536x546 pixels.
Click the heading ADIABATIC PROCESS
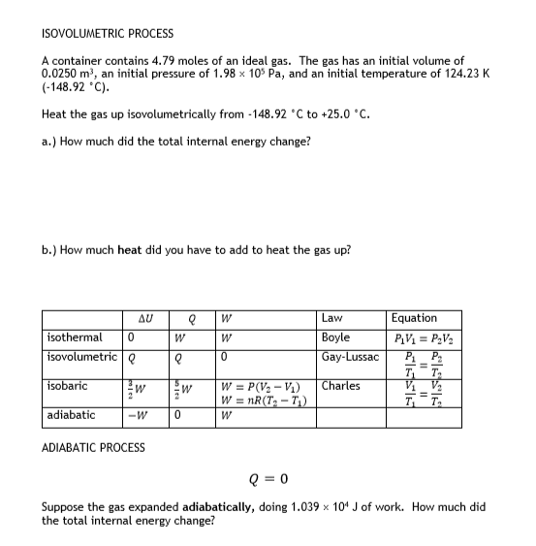click(94, 447)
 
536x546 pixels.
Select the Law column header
click(331, 318)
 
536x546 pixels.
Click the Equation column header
click(414, 318)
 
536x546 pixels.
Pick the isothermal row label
click(75, 337)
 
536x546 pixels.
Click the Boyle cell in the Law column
click(335, 337)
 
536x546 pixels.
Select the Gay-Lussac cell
click(349, 356)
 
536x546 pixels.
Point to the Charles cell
click(340, 386)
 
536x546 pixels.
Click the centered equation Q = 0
click(267, 477)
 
